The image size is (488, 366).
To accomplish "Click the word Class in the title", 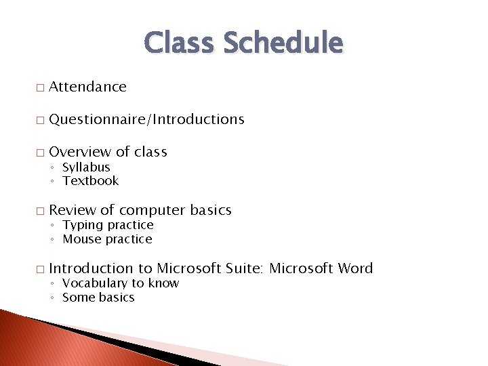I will point(180,43).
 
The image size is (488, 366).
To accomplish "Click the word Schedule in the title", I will point(283,43).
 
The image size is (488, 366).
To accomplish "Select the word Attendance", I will point(87,87).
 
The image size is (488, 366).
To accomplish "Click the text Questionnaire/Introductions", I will point(146,119).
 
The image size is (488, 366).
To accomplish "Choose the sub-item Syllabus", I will point(86,167).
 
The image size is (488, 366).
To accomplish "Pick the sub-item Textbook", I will point(90,180).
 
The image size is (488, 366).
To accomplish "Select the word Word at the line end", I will point(355,268).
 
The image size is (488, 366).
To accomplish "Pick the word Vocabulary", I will point(95,283).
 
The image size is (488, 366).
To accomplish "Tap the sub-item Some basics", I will point(98,298).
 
